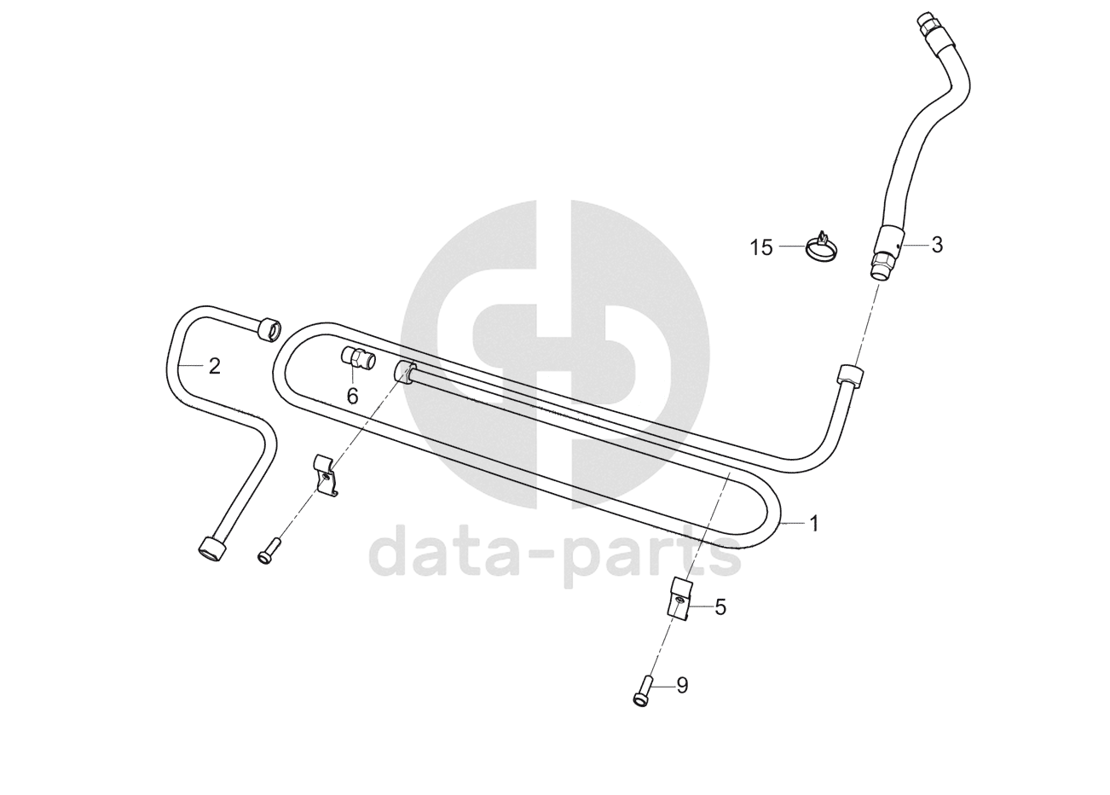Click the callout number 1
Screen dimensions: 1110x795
[814, 523]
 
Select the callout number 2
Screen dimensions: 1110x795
[214, 366]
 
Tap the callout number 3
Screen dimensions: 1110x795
[937, 245]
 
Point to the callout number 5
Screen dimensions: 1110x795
[720, 606]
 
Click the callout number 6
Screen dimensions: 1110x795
[352, 396]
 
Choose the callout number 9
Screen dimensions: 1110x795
[682, 685]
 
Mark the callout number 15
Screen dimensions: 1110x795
[760, 247]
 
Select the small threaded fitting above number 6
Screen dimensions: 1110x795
[359, 358]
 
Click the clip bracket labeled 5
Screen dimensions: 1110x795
[679, 600]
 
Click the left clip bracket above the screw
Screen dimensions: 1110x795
[326, 474]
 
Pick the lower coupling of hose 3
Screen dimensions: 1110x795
[883, 255]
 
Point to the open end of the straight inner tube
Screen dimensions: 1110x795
[403, 373]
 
